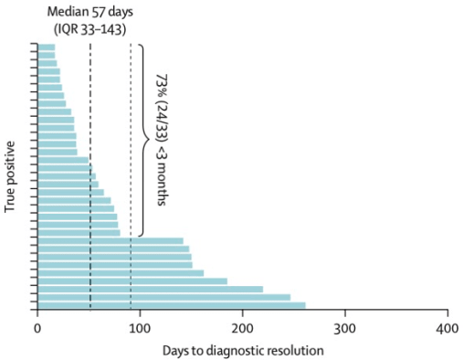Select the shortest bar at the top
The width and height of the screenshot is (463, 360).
pyautogui.click(x=46, y=47)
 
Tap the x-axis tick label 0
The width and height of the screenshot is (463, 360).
pyautogui.click(x=37, y=328)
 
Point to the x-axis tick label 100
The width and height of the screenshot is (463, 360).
pyautogui.click(x=140, y=328)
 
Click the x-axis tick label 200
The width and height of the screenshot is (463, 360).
pyautogui.click(x=242, y=328)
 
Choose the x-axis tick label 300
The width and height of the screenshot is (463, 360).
pyautogui.click(x=344, y=328)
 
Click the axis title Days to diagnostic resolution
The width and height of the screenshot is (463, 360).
pyautogui.click(x=242, y=349)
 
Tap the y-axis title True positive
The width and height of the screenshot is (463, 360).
pyautogui.click(x=11, y=177)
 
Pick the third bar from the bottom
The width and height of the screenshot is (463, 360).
pyautogui.click(x=150, y=289)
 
